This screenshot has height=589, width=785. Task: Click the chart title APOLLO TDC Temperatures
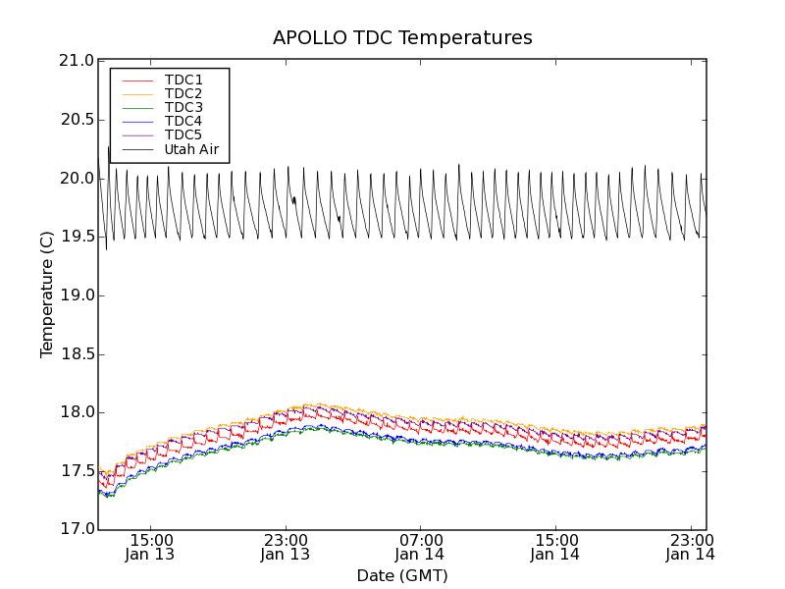pyautogui.click(x=402, y=38)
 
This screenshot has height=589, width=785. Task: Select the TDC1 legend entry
pyautogui.click(x=183, y=80)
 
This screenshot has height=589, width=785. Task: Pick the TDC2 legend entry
pyautogui.click(x=183, y=93)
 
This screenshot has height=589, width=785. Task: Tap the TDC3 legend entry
pyautogui.click(x=183, y=107)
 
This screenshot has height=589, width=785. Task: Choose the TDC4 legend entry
pyautogui.click(x=183, y=122)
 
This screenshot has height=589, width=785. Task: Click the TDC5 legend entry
pyautogui.click(x=183, y=135)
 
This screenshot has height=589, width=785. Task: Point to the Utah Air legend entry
pyautogui.click(x=190, y=150)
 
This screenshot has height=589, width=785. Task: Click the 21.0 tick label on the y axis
pyautogui.click(x=76, y=61)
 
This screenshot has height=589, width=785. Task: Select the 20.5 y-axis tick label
pyautogui.click(x=76, y=120)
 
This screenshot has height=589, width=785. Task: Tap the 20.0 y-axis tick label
pyautogui.click(x=76, y=179)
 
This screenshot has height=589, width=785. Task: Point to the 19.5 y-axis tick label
pyautogui.click(x=76, y=237)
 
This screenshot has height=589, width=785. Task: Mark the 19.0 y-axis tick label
pyautogui.click(x=76, y=295)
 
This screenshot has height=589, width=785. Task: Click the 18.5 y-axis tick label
pyautogui.click(x=76, y=354)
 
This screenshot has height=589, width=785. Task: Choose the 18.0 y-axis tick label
pyautogui.click(x=76, y=412)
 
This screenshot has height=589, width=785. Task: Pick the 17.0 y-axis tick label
pyautogui.click(x=76, y=530)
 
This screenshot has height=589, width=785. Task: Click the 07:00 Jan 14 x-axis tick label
pyautogui.click(x=420, y=547)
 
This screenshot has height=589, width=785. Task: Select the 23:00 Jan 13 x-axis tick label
pyautogui.click(x=285, y=547)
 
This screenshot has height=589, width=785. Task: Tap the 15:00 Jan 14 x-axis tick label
pyautogui.click(x=555, y=547)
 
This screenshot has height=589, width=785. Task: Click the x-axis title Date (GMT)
pyautogui.click(x=402, y=575)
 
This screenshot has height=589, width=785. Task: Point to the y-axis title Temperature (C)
pyautogui.click(x=47, y=294)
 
